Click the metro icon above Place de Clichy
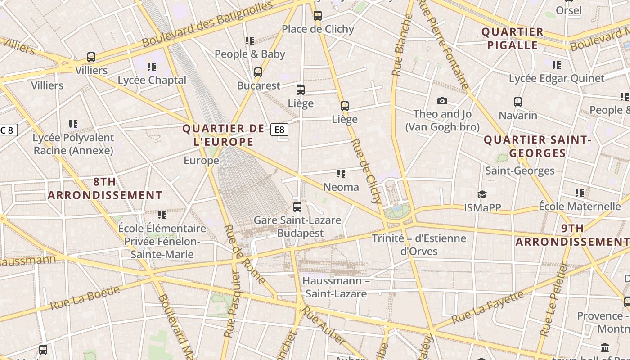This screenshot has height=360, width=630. pyautogui.click(x=318, y=16)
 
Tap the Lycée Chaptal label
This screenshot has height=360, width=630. pyautogui.click(x=152, y=80)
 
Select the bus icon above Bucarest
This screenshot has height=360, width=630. pyautogui.click(x=258, y=72)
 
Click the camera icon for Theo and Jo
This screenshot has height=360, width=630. pyautogui.click(x=442, y=101)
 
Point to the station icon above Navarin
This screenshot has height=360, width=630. pyautogui.click(x=518, y=102)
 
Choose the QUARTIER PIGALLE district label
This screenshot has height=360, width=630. pyautogui.click(x=513, y=38)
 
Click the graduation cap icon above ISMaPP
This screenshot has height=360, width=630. pyautogui.click(x=482, y=194)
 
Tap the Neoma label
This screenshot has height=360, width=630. pyautogui.click(x=341, y=187)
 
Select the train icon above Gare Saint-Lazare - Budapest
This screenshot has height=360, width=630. pyautogui.click(x=297, y=207)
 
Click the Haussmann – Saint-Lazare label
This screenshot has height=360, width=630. pyautogui.click(x=336, y=287)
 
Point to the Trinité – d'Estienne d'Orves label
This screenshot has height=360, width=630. pyautogui.click(x=419, y=244)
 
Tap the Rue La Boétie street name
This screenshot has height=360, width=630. pyautogui.click(x=85, y=298)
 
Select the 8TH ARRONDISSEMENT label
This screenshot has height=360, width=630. pyautogui.click(x=105, y=189)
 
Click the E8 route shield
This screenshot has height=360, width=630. pyautogui.click(x=279, y=130)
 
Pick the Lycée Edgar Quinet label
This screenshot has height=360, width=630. pyautogui.click(x=557, y=78)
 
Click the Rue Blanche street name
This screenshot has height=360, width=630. pyautogui.click(x=402, y=45)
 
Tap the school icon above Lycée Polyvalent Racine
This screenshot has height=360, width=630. pyautogui.click(x=73, y=124)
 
